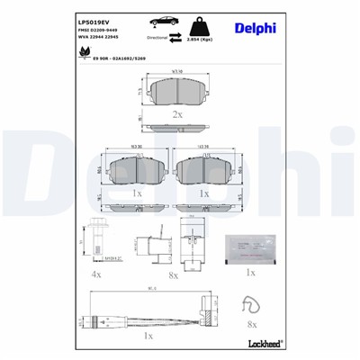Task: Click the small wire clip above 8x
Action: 251,307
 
